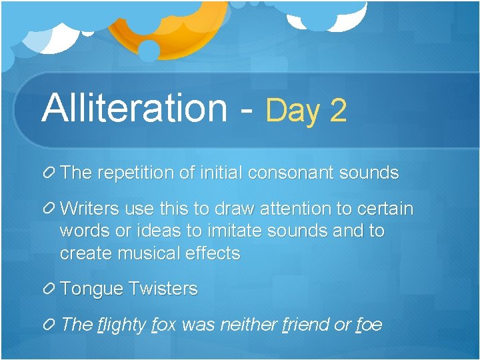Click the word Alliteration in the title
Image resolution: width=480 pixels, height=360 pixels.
(134, 107)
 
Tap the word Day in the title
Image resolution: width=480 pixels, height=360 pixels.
(293, 110)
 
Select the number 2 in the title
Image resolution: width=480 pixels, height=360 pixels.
(338, 110)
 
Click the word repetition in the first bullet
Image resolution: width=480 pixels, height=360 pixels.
(137, 173)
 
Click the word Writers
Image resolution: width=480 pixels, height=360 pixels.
(90, 209)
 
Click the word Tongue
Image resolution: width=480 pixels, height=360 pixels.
(91, 289)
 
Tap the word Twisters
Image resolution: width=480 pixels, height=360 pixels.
(163, 289)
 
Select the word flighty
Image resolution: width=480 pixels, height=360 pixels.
(121, 325)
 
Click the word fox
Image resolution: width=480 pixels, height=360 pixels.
(164, 325)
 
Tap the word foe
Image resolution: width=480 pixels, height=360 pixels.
(369, 325)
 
